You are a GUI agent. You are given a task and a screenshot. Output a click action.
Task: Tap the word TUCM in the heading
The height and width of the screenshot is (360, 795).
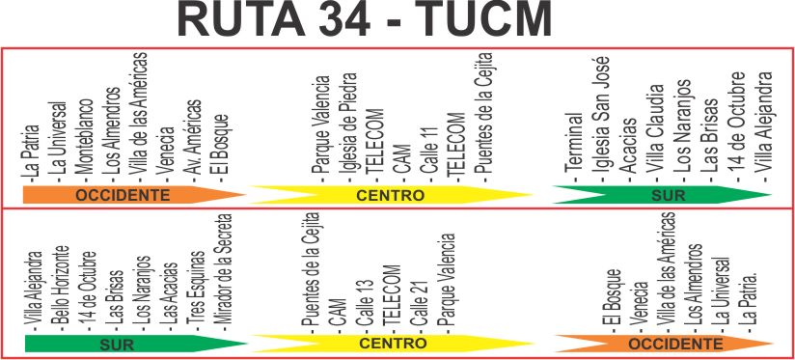(x=489, y=18)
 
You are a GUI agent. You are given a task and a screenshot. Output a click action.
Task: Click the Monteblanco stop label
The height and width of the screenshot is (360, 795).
(x=86, y=135)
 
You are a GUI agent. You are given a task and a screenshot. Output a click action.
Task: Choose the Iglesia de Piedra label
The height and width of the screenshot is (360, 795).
(x=348, y=126)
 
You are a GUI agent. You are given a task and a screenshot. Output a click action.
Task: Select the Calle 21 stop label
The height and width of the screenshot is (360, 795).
(x=420, y=303)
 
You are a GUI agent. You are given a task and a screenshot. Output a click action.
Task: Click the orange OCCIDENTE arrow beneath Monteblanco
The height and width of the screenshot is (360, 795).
(x=134, y=195)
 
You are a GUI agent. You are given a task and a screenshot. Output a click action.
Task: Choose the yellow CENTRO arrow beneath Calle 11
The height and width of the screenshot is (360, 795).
(x=391, y=195)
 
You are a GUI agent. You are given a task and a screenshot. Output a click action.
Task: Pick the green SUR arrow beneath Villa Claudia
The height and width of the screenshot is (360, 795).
(x=662, y=195)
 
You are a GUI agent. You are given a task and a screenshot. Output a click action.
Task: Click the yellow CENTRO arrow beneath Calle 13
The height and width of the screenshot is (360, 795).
(x=392, y=344)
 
